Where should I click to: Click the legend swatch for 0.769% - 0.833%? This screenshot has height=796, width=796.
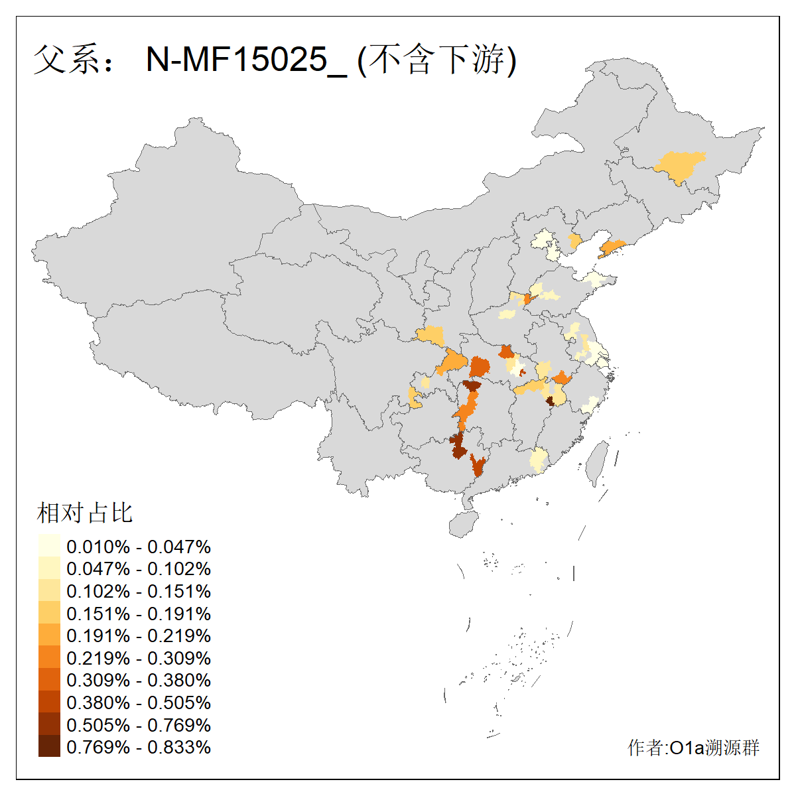coord(49,747)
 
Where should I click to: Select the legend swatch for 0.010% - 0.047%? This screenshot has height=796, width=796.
coord(49,547)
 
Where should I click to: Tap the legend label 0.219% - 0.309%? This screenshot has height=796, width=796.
coord(139,658)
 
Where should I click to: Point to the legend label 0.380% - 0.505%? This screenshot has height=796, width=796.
coord(139,702)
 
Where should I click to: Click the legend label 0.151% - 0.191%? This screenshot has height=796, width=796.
coord(139,614)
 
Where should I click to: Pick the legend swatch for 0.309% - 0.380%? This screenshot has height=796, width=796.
coord(49,680)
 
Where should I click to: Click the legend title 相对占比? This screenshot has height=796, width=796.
coord(85,513)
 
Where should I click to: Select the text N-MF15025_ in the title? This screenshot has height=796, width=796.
coord(246,60)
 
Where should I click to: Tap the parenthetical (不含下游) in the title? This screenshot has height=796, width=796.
coord(436,60)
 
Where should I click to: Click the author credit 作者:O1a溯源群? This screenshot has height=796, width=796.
coord(693,748)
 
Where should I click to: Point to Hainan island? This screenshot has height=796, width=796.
coord(463,523)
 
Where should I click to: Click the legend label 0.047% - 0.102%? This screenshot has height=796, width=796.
coord(139,568)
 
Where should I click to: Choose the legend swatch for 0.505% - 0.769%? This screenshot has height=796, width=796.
coord(49,724)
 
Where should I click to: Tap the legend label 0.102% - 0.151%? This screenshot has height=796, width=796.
coord(139,591)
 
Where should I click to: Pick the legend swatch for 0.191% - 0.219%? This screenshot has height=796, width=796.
coord(49,635)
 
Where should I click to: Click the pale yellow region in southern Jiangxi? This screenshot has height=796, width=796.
coord(539,459)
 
